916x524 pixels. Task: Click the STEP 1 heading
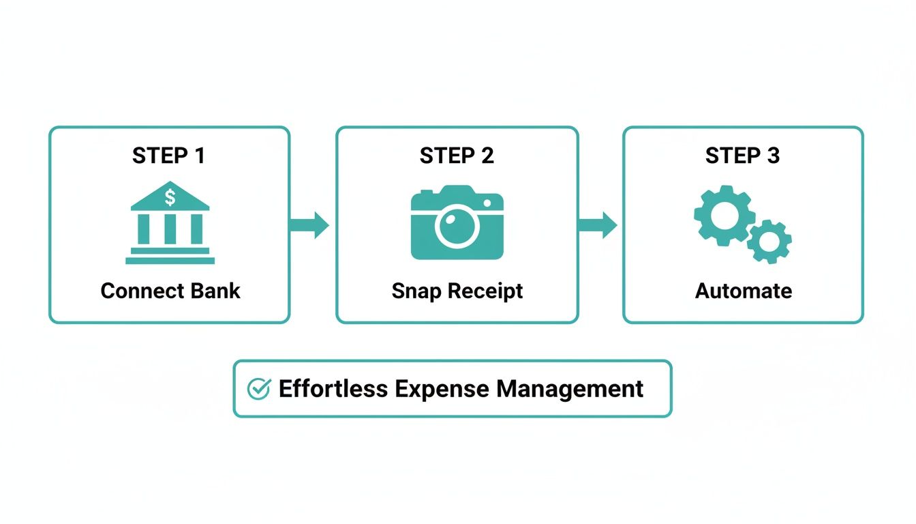(168, 156)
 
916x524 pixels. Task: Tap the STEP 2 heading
(457, 156)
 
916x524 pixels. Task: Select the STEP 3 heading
(742, 156)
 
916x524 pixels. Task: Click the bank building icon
(170, 223)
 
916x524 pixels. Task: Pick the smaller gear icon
(769, 242)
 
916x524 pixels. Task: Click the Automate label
(743, 291)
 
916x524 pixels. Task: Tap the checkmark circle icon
(258, 389)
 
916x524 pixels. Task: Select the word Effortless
(333, 389)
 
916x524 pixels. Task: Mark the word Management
(569, 389)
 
